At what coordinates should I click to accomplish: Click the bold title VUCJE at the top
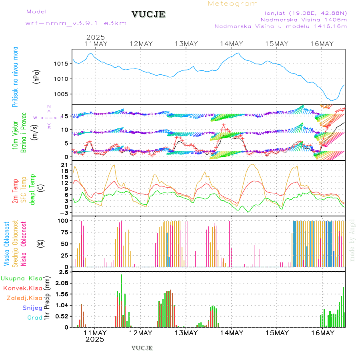[148, 14]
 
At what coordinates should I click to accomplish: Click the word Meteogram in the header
[233, 4]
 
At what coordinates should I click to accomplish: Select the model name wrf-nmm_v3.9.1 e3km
[76, 23]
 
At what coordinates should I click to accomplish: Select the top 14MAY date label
[231, 44]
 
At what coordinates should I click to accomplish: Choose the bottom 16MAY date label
[322, 333]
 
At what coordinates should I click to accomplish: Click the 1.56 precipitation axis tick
[61, 294]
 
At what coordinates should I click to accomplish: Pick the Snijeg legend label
[31, 308]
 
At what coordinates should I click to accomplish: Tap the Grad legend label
[34, 318]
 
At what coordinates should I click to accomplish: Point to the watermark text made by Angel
[352, 240]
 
